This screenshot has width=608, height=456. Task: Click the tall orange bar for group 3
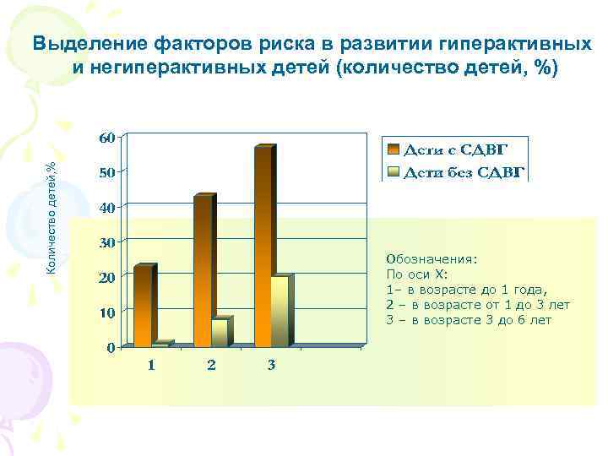(x=263, y=247)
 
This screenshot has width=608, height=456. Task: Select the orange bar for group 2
(x=203, y=271)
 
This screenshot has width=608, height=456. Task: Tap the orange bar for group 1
(x=143, y=306)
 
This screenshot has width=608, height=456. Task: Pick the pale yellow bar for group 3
(x=280, y=311)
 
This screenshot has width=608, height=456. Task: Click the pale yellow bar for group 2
(x=219, y=333)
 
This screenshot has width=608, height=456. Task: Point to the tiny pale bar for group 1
(x=160, y=345)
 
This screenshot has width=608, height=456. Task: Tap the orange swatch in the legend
(x=394, y=149)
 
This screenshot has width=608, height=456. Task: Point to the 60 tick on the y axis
(x=107, y=137)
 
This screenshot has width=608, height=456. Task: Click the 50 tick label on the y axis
(x=107, y=172)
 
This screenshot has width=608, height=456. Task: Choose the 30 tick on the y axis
(x=107, y=242)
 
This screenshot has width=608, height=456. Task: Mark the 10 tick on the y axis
(x=107, y=312)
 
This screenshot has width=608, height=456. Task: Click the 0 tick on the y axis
(x=111, y=348)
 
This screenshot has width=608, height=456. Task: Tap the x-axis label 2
(x=211, y=366)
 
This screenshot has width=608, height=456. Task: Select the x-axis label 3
(x=271, y=366)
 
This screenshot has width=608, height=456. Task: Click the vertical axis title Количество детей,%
(x=51, y=217)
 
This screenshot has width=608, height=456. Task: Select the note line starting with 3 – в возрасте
(x=468, y=320)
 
